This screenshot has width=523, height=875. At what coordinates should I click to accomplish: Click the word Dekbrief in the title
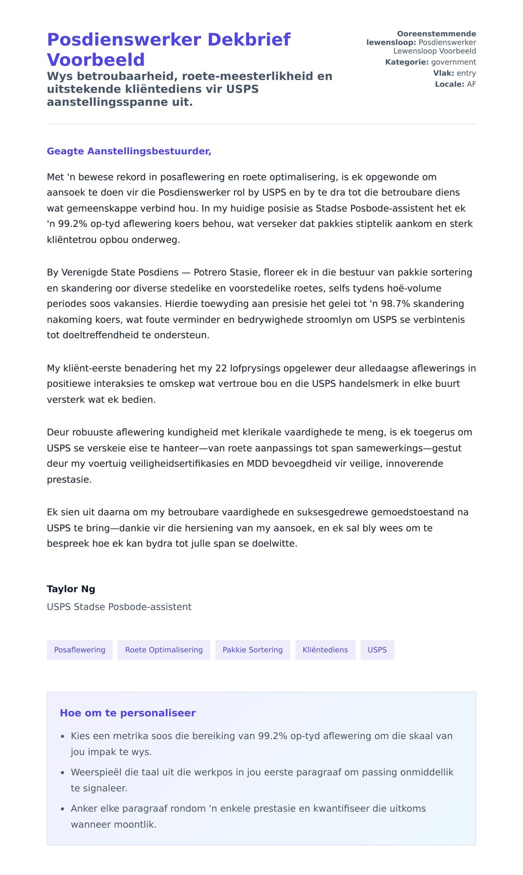point(249,40)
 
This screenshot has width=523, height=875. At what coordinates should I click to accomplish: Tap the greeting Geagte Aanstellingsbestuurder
point(129,151)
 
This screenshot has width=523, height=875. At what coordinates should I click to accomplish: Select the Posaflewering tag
point(80,650)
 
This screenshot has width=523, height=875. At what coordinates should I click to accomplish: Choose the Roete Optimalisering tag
point(164,650)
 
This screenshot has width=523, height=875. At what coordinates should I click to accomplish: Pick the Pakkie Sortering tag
point(253,650)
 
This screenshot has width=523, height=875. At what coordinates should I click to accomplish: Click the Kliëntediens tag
point(325,650)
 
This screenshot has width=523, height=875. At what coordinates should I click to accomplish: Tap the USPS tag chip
point(377,650)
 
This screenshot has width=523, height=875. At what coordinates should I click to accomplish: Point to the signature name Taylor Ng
point(71,589)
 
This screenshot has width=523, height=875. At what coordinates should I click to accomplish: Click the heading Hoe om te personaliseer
point(128,713)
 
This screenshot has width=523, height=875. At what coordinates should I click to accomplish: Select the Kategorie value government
point(454,62)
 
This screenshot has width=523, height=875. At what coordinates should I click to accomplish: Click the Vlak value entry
point(466,73)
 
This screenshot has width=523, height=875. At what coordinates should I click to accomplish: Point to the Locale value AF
point(472,84)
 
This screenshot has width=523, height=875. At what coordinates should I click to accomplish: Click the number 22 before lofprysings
point(221,368)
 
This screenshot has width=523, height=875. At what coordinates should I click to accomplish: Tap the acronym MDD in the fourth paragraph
point(258,463)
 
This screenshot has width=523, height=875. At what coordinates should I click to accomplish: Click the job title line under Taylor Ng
point(119,607)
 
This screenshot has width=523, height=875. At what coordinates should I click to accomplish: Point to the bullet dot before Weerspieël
point(62,773)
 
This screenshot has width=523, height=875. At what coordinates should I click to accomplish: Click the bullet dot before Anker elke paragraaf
point(62,809)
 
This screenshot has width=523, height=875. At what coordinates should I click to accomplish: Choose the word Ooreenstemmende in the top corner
point(436,34)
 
